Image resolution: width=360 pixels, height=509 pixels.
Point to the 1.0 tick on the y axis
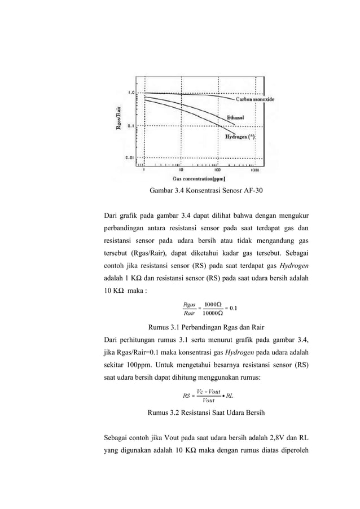pyautogui.click(x=130, y=92)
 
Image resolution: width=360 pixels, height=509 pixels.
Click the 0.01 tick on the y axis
pyautogui.click(x=129, y=158)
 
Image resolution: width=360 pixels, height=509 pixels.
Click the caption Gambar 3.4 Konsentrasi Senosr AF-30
pyautogui.click(x=205, y=191)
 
